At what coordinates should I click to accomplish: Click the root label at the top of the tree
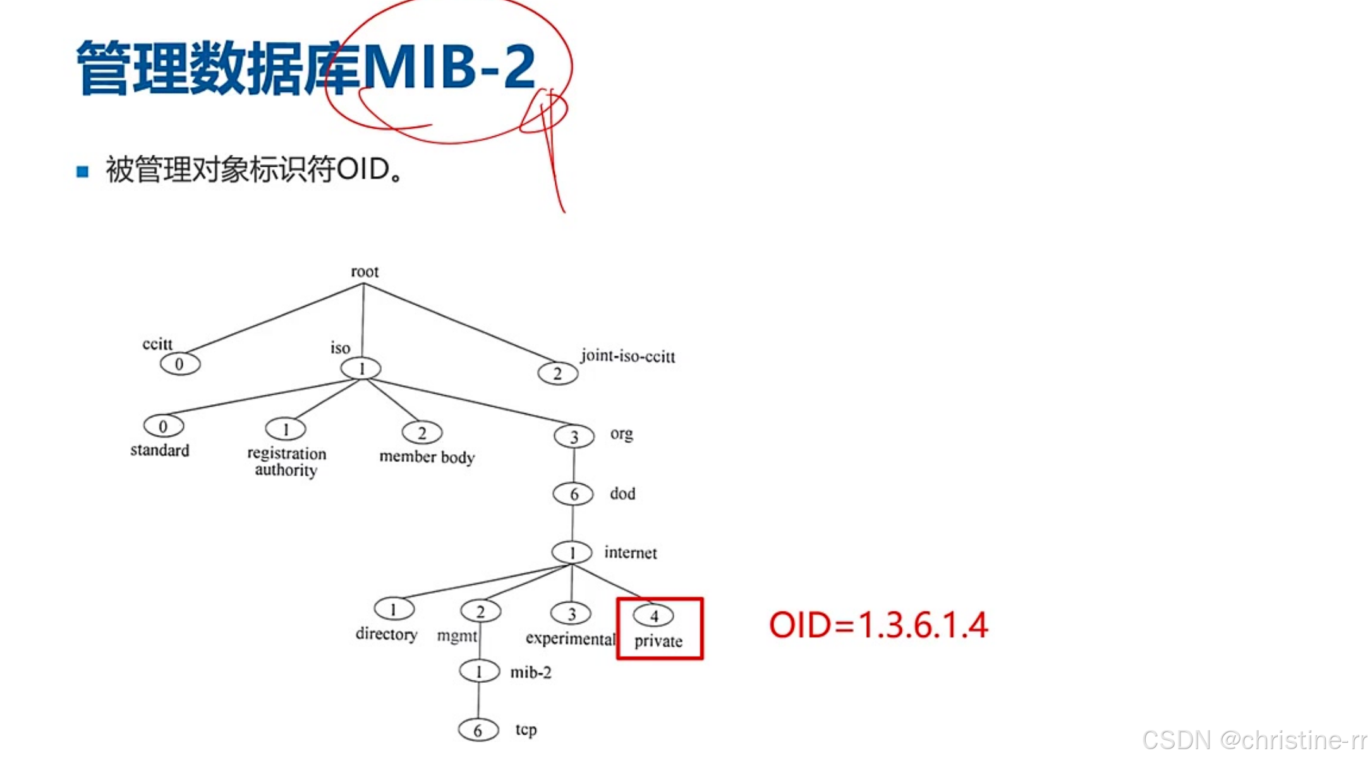pyautogui.click(x=365, y=272)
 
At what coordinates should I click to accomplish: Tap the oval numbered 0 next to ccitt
pyautogui.click(x=179, y=364)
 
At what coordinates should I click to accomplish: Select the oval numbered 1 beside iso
pyautogui.click(x=361, y=368)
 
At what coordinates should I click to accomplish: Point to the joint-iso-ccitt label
pyautogui.click(x=627, y=356)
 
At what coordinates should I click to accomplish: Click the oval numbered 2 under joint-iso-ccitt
pyautogui.click(x=557, y=373)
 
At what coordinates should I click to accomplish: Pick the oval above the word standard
pyautogui.click(x=163, y=426)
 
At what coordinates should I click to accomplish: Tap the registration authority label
pyautogui.click(x=286, y=462)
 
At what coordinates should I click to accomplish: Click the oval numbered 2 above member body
pyautogui.click(x=421, y=433)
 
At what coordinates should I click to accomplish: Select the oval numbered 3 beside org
pyautogui.click(x=574, y=436)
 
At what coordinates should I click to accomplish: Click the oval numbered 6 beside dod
pyautogui.click(x=573, y=494)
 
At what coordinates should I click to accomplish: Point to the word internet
pyautogui.click(x=630, y=553)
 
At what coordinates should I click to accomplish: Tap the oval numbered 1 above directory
pyautogui.click(x=394, y=610)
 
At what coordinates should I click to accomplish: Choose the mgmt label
pyautogui.click(x=456, y=635)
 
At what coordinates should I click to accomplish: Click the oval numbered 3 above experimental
pyautogui.click(x=571, y=613)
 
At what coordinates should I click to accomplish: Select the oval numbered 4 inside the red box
pyautogui.click(x=653, y=616)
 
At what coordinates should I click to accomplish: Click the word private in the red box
pyautogui.click(x=658, y=641)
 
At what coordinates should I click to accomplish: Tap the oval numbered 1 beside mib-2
pyautogui.click(x=479, y=671)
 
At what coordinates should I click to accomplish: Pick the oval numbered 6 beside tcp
pyautogui.click(x=478, y=730)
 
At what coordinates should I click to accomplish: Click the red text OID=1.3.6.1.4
pyautogui.click(x=878, y=625)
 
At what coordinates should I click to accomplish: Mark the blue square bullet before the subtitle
pyautogui.click(x=82, y=171)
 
